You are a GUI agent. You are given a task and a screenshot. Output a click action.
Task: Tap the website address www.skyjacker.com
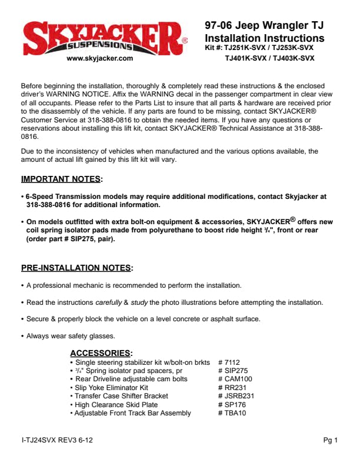100,58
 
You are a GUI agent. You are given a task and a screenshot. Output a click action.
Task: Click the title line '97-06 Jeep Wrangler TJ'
264,26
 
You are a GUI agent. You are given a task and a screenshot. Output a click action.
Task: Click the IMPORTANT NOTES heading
61,179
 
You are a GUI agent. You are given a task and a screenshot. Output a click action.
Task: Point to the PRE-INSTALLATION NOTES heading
76,268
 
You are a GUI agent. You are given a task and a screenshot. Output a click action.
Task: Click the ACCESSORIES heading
101,353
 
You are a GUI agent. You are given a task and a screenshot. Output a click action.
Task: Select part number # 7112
229,363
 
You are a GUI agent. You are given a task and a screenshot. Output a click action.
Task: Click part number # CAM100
235,380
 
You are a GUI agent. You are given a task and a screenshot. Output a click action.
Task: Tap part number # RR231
232,388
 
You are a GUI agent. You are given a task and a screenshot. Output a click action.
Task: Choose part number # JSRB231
236,397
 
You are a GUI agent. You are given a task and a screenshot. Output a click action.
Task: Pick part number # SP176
232,405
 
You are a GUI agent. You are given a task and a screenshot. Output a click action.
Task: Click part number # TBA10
232,413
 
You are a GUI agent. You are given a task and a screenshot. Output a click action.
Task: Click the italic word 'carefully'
108,302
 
